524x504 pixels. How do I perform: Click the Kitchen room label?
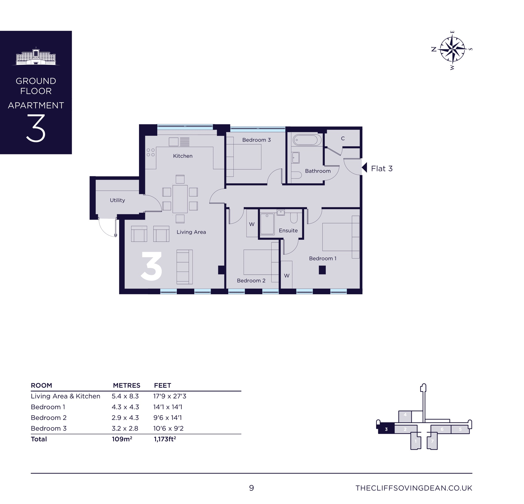(183, 156)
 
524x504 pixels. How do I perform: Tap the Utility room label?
(117, 200)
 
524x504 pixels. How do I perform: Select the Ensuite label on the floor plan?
(288, 230)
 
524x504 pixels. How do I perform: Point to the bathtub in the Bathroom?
(307, 140)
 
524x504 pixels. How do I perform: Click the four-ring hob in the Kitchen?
(150, 152)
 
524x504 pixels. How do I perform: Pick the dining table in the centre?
(180, 199)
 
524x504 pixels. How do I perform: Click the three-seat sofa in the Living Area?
(184, 267)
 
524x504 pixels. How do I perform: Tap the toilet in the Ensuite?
(293, 218)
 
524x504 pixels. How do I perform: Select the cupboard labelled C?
(343, 138)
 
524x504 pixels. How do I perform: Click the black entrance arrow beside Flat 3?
(365, 168)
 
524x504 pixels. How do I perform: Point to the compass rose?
(452, 50)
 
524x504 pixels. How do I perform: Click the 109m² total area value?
(122, 439)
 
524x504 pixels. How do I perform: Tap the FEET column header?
(162, 385)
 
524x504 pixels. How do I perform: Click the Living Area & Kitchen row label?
(65, 396)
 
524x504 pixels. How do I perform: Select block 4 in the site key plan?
(405, 416)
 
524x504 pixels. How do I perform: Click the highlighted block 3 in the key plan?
(386, 429)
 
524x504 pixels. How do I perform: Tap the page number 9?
(251, 488)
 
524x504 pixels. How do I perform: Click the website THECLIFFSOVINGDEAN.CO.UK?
(414, 488)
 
